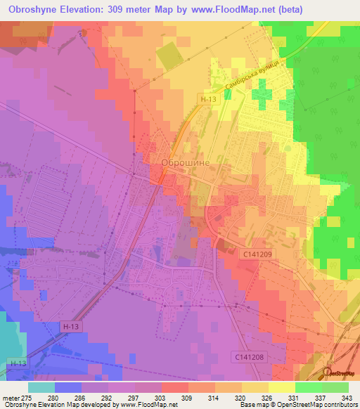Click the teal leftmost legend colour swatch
pyautogui.click(x=41, y=387)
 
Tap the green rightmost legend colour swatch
pyautogui.click(x=335, y=387)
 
